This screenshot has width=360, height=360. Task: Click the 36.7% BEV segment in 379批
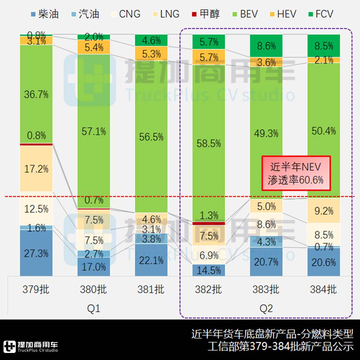tap(36, 94)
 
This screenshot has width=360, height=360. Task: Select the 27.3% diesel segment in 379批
tap(36, 253)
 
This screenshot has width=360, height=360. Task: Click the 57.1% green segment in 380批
tap(94, 131)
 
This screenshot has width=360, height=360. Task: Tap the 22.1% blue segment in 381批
tap(151, 260)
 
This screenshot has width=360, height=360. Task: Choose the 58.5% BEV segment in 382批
tap(208, 143)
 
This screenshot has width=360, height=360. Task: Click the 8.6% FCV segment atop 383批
tap(266, 46)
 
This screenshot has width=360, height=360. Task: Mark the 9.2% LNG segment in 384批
tap(323, 211)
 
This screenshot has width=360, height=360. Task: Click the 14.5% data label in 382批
tap(208, 270)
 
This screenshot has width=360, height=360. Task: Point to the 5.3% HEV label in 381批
tap(151, 54)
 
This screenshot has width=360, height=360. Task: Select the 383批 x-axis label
tap(266, 289)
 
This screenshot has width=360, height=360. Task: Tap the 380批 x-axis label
tap(94, 289)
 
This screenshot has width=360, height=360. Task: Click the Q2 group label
tap(266, 308)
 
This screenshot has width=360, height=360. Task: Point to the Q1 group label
tap(94, 308)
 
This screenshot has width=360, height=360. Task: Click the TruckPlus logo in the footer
tap(31, 346)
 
